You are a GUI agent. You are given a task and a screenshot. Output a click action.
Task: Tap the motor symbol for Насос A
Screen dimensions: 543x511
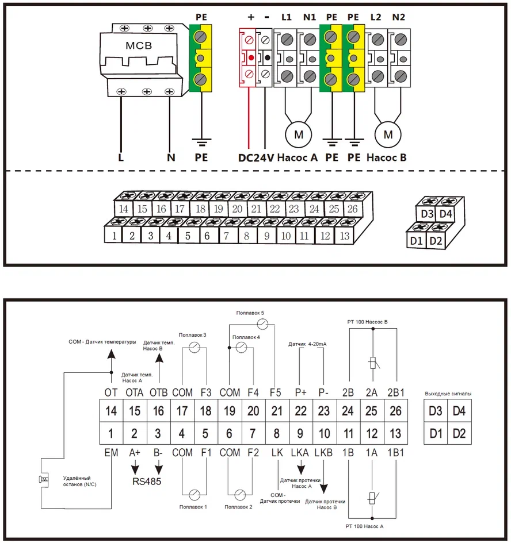[x=298, y=134]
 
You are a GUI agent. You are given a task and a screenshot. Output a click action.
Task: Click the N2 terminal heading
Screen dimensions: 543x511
[x=398, y=17]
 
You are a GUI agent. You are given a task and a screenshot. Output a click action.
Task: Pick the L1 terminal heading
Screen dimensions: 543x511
[x=286, y=17]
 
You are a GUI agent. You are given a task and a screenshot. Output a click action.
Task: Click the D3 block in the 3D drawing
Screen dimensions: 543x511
[x=427, y=214]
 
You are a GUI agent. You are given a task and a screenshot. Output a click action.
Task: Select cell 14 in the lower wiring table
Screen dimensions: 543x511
[x=111, y=411]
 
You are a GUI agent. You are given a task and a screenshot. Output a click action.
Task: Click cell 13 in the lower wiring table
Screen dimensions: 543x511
[x=396, y=433]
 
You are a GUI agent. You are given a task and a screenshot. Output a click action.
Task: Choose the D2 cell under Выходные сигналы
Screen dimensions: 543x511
[x=459, y=433]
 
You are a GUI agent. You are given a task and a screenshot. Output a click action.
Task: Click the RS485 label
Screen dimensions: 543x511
[x=146, y=482]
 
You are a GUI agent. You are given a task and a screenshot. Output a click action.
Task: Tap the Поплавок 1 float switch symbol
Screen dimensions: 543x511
[x=194, y=494]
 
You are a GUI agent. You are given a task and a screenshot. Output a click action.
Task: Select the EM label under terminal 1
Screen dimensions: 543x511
[x=111, y=453]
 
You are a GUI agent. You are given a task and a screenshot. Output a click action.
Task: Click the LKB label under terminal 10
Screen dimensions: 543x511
[x=324, y=453]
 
